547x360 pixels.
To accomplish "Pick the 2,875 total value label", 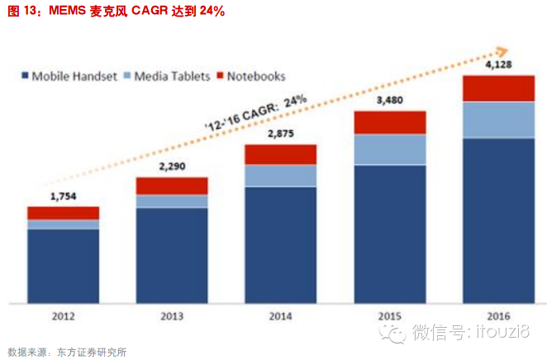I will pyautogui.click(x=281, y=134).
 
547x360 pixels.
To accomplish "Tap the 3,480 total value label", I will pyautogui.click(x=389, y=101).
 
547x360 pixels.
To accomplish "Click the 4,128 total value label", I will pyautogui.click(x=498, y=64).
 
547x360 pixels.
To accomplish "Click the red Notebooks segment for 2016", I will pyautogui.click(x=498, y=88).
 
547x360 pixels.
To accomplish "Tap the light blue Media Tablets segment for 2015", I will pyautogui.click(x=390, y=149).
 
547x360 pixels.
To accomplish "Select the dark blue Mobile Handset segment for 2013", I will pyautogui.click(x=172, y=254).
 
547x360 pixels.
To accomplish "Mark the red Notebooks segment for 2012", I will pyautogui.click(x=63, y=213).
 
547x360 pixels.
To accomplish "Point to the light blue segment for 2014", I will pyautogui.click(x=281, y=175).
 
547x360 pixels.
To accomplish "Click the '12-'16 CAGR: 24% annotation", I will pyautogui.click(x=255, y=112).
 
